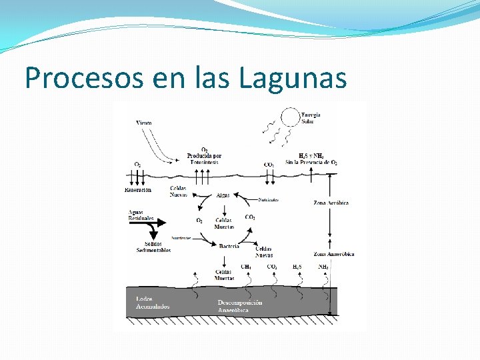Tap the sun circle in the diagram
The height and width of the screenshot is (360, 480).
point(290,118)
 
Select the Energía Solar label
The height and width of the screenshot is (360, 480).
point(311,118)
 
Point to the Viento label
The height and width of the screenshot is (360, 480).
point(143,123)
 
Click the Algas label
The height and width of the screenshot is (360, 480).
point(223,195)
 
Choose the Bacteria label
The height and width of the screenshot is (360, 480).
point(229,246)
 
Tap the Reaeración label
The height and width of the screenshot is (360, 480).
point(138,190)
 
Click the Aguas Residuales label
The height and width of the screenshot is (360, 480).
point(141,215)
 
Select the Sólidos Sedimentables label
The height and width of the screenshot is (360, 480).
point(153,247)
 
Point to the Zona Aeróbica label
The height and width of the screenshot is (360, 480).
point(331,203)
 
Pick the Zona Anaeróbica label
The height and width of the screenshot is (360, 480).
point(333,254)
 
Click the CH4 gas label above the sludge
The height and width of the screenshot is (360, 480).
point(246,267)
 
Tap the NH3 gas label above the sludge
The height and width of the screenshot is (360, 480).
point(323,267)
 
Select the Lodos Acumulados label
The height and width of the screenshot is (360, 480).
point(152,303)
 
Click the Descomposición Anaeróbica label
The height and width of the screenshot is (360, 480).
point(239,306)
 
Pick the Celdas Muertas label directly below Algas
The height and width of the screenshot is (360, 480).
point(224,223)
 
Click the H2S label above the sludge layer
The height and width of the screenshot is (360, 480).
point(297,267)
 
